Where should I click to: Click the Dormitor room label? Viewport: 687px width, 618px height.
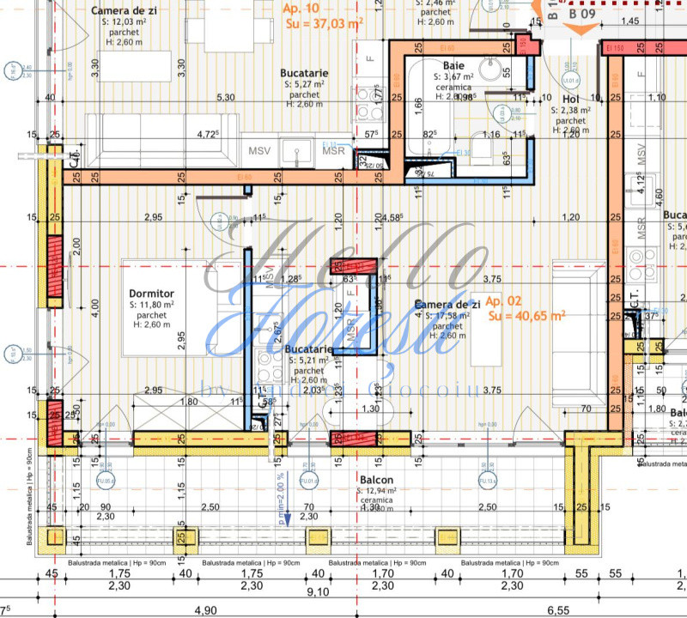click(152, 292)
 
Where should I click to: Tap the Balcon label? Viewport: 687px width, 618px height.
click(377, 480)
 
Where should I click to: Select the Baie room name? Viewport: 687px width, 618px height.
click(454, 65)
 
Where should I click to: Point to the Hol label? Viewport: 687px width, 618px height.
click(571, 99)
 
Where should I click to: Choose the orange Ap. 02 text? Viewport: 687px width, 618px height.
click(502, 302)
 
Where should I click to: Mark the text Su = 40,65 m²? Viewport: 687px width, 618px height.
click(526, 316)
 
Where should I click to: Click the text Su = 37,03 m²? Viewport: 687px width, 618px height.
click(324, 23)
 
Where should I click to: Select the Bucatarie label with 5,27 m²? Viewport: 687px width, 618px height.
click(304, 74)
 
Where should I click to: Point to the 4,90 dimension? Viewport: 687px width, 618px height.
click(205, 611)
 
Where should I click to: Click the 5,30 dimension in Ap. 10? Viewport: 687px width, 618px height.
click(226, 98)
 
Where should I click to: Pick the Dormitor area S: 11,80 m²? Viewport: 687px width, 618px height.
click(152, 304)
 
